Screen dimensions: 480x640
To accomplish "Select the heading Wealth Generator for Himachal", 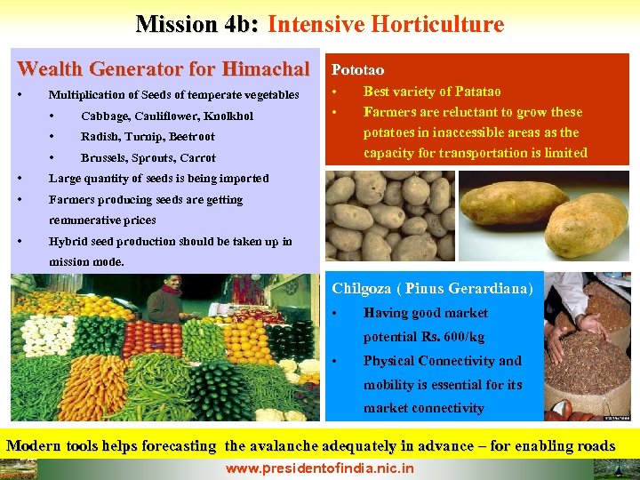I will [164, 68].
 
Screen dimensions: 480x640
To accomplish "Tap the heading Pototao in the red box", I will [357, 68].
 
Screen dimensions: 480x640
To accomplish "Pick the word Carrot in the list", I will [198, 158].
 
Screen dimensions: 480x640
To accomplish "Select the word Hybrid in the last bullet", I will [68, 242].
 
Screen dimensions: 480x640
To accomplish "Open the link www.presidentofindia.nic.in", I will [320, 468].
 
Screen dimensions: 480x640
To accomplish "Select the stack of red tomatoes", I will [151, 338].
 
